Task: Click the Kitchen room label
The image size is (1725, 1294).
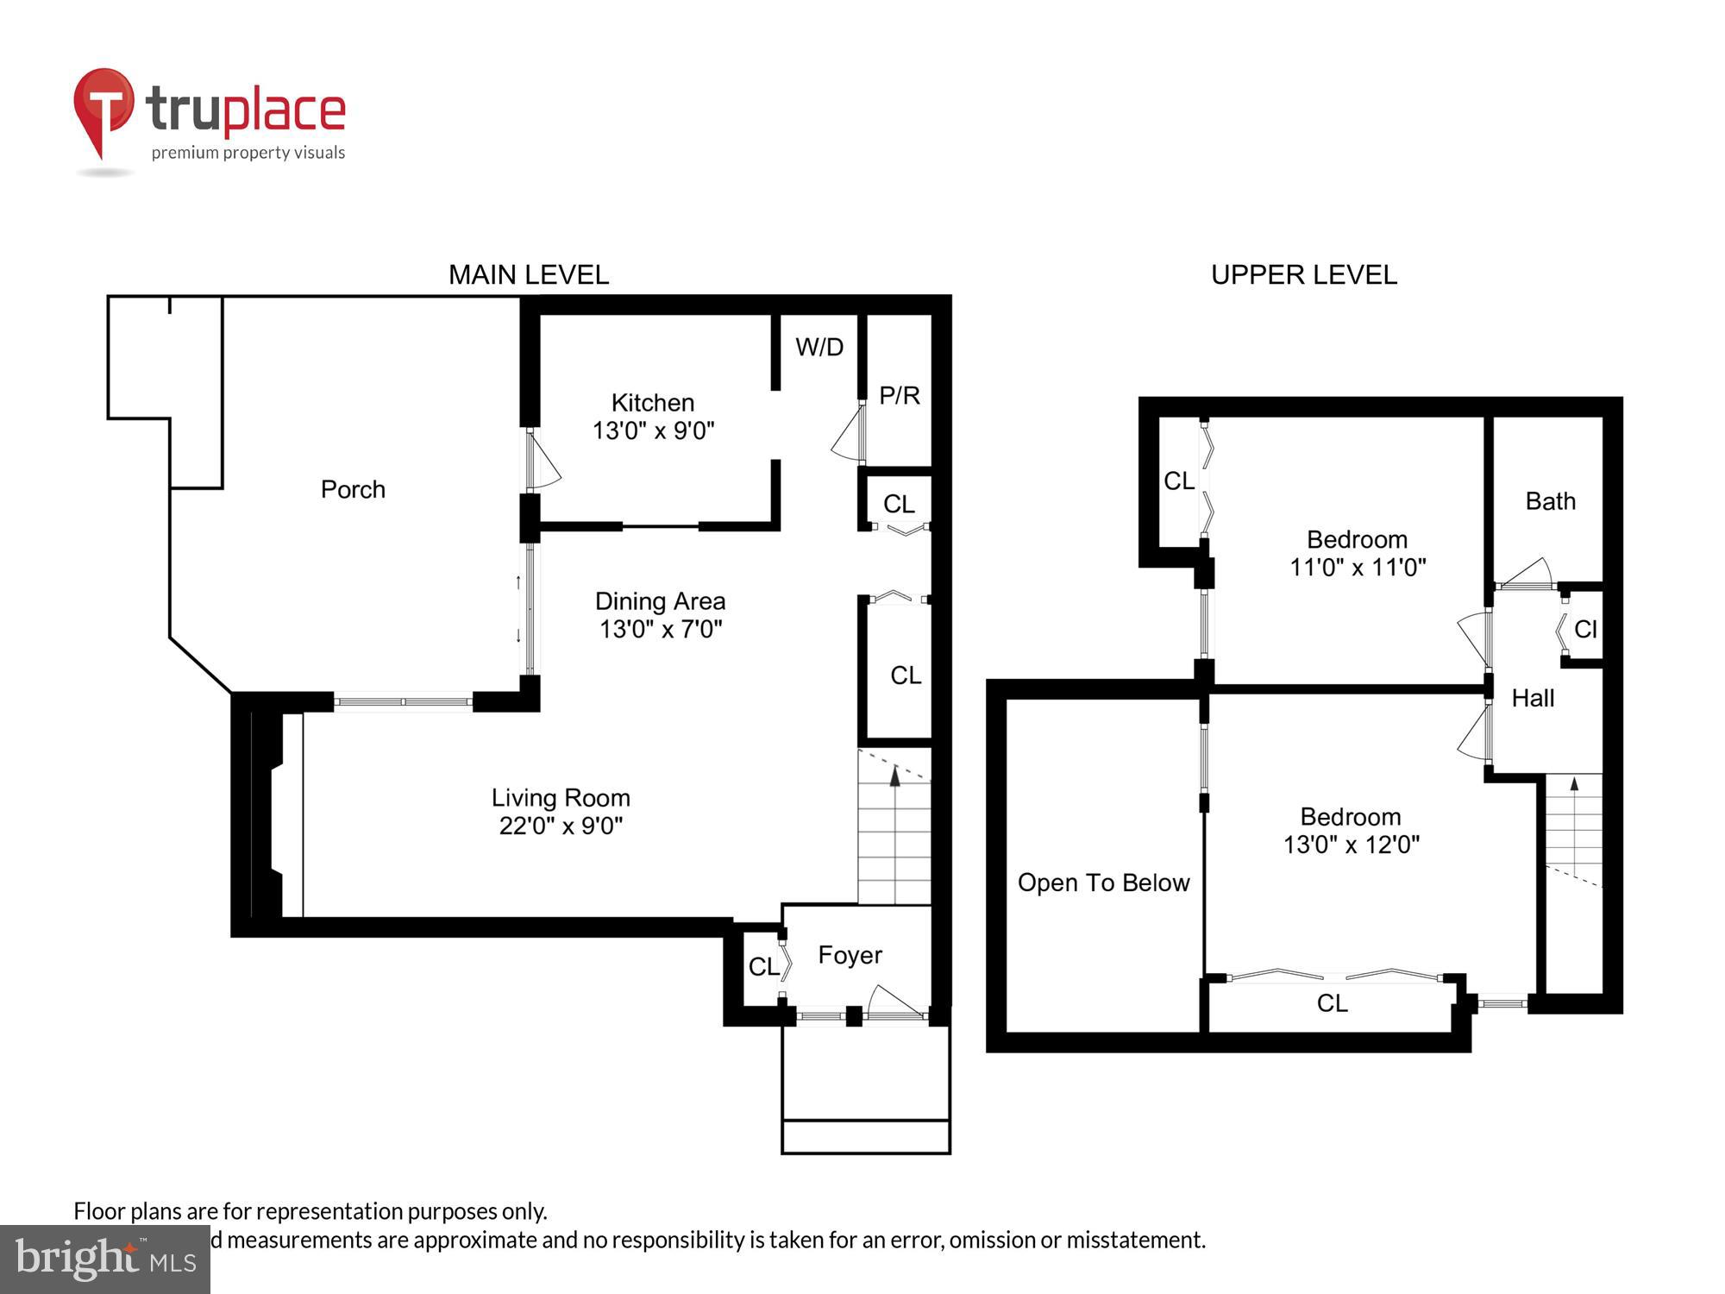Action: pos(652,403)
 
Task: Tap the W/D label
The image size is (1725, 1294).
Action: pos(819,348)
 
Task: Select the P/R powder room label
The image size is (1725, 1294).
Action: pos(899,396)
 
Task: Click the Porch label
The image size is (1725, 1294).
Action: pos(353,489)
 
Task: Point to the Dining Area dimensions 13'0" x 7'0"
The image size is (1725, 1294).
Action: pos(660,630)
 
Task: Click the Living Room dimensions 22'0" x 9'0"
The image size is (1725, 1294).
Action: pos(561,826)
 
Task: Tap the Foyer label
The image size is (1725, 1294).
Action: pos(850,955)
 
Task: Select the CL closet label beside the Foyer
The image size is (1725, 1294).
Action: pos(762,967)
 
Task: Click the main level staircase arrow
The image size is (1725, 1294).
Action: pos(894,776)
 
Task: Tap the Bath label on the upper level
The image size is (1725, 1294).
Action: pos(1550,501)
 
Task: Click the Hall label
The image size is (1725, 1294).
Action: pos(1533,698)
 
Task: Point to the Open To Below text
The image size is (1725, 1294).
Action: pos(1103,883)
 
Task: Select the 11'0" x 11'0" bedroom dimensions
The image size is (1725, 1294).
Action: pos(1357,568)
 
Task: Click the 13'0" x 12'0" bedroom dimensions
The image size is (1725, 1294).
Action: pos(1351,845)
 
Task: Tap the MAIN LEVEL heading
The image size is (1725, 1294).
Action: pos(528,275)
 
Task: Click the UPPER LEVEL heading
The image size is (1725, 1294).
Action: pos(1303,275)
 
